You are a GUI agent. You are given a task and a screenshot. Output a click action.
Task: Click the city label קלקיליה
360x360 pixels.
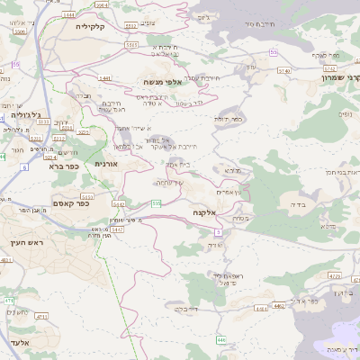(x=90, y=27)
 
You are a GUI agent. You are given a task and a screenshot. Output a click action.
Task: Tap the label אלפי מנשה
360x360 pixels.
(x=162, y=82)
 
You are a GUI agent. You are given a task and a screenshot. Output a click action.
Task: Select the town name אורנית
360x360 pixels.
(x=105, y=164)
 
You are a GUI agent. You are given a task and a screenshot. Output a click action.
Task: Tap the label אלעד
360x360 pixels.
(x=17, y=342)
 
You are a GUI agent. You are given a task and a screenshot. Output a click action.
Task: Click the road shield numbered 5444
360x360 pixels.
(x=69, y=15)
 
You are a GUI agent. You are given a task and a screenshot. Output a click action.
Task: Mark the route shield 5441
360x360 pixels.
(x=105, y=78)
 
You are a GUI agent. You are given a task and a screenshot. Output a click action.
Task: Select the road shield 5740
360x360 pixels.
(x=285, y=69)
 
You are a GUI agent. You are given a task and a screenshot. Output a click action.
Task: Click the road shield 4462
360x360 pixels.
(x=279, y=306)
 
